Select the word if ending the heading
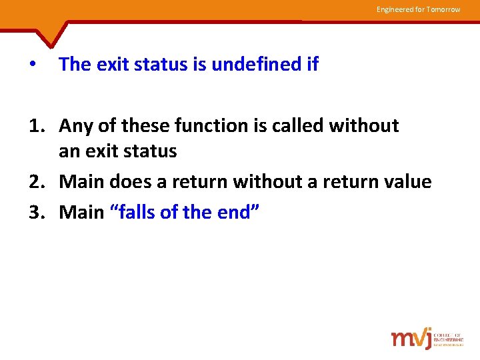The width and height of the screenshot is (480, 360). (312, 65)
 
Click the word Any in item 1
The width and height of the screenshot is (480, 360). (75, 126)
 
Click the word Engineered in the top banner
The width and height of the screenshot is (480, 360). (395, 9)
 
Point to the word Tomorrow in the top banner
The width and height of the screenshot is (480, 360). (443, 9)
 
